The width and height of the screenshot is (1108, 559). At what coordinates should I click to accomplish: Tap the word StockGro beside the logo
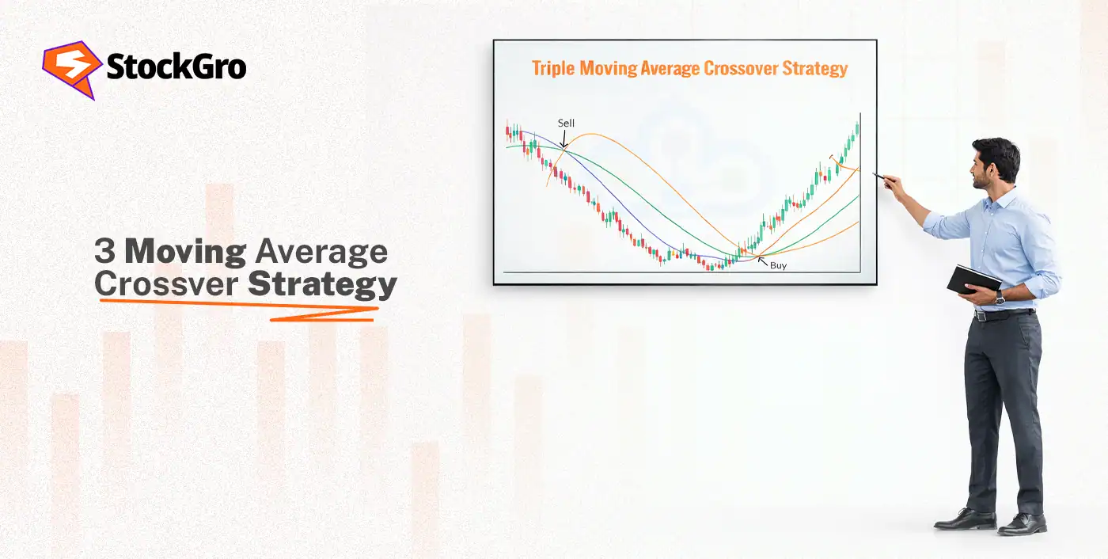tap(176, 68)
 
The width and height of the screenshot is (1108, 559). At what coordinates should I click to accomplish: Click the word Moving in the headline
tap(186, 252)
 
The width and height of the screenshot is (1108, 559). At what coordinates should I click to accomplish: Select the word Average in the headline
tap(321, 252)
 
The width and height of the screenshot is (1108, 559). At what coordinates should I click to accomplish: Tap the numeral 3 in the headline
tap(104, 252)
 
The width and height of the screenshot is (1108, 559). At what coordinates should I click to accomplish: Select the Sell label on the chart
tap(566, 124)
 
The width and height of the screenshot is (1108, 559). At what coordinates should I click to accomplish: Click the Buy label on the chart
tap(778, 266)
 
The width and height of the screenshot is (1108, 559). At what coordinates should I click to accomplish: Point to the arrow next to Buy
tap(763, 260)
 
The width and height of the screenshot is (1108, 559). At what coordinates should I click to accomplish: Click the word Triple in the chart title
tap(553, 68)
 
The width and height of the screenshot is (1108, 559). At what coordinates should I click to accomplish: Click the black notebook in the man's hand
tap(973, 279)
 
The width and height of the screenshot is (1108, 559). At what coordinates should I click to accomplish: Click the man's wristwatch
tap(1000, 298)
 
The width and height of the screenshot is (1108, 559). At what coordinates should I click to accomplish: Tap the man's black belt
tap(1004, 314)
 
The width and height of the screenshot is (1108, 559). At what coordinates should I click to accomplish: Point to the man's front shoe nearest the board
tap(964, 519)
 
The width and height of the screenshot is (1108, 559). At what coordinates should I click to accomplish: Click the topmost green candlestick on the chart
tap(857, 128)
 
